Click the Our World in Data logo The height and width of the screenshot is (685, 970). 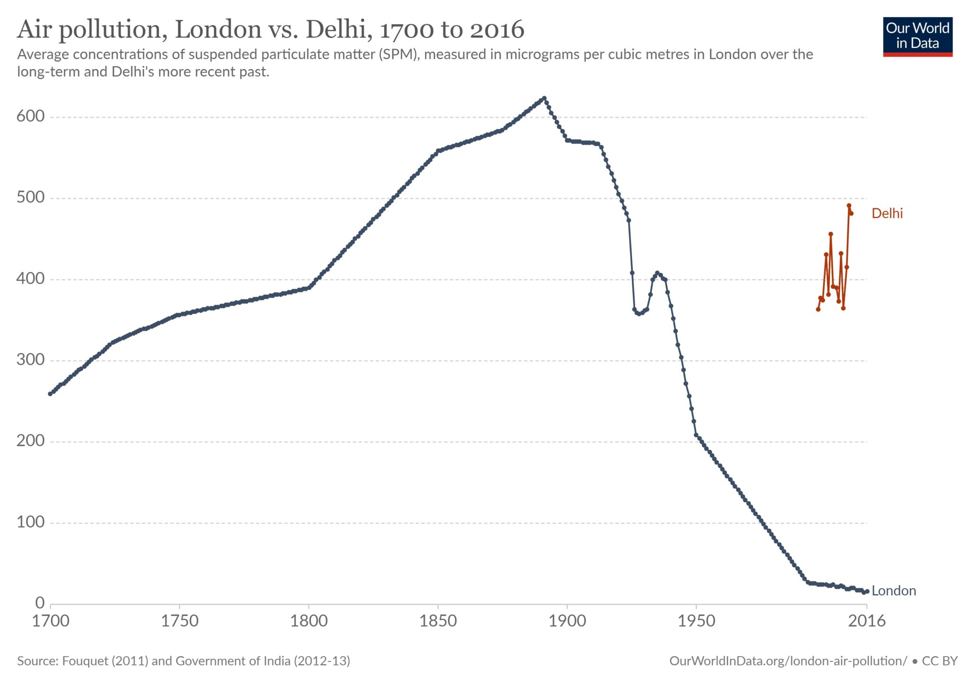(x=917, y=36)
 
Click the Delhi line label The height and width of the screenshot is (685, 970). (x=887, y=214)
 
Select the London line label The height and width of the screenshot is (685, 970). (x=893, y=591)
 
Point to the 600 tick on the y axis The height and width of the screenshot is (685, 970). (x=30, y=117)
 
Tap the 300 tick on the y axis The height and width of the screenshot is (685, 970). (x=30, y=360)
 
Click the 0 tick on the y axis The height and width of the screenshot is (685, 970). (x=40, y=603)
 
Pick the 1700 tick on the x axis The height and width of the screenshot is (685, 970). (x=51, y=621)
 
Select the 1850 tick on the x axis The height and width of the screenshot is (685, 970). (x=438, y=621)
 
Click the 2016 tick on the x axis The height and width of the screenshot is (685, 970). (x=866, y=621)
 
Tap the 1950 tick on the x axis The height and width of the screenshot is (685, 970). (x=696, y=621)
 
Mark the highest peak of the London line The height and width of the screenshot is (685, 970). (x=544, y=98)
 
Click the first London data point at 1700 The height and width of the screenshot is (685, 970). (x=50, y=394)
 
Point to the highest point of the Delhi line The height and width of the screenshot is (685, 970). (x=849, y=206)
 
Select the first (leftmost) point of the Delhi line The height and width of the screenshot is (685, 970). (x=818, y=309)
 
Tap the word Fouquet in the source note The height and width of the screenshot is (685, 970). (x=85, y=661)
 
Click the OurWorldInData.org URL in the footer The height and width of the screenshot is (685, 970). (x=788, y=661)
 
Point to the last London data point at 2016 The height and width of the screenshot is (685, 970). (x=867, y=591)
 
